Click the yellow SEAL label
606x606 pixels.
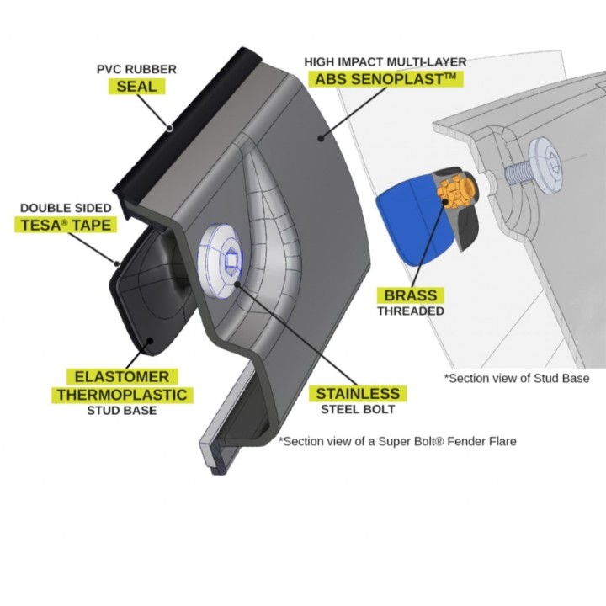137,86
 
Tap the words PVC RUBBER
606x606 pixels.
136,69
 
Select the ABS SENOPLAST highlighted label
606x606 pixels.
385,79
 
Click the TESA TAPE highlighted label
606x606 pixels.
66,225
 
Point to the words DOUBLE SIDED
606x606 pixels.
66,208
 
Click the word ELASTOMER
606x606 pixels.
122,376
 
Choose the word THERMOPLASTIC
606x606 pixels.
122,395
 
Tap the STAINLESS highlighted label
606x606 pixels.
358,393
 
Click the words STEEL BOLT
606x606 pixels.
358,409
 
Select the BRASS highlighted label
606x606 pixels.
411,295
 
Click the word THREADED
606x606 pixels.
411,311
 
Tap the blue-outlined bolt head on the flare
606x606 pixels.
220,261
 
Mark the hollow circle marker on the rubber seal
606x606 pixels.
170,128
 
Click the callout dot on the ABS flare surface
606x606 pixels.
321,137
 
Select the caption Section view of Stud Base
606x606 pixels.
517,378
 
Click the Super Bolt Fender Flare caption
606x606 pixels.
397,441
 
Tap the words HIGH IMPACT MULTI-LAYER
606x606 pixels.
385,61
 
